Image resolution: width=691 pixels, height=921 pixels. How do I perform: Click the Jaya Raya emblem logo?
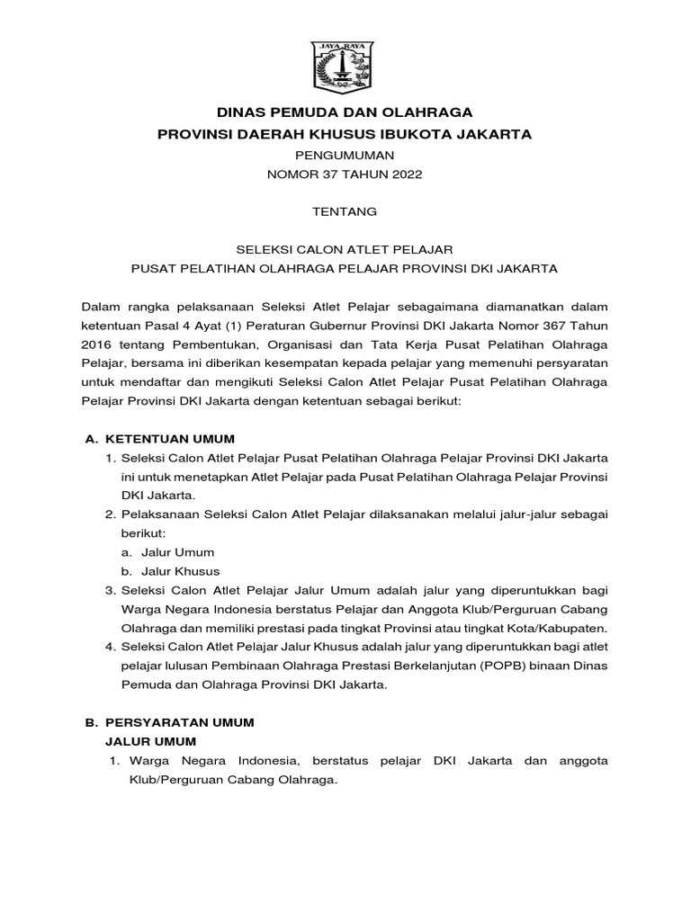(345, 64)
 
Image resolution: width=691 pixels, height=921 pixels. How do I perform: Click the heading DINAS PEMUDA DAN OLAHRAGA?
(345, 112)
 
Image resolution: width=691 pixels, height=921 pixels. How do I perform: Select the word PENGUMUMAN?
(345, 155)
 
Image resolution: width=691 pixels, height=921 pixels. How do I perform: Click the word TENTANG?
(345, 213)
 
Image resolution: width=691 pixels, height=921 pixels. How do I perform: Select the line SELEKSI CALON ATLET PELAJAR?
(345, 248)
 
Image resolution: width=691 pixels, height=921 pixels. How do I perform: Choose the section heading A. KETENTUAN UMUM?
(159, 439)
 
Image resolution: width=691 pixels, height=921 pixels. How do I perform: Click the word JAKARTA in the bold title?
(494, 134)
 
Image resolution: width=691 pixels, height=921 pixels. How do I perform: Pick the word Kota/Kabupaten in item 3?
(562, 627)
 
